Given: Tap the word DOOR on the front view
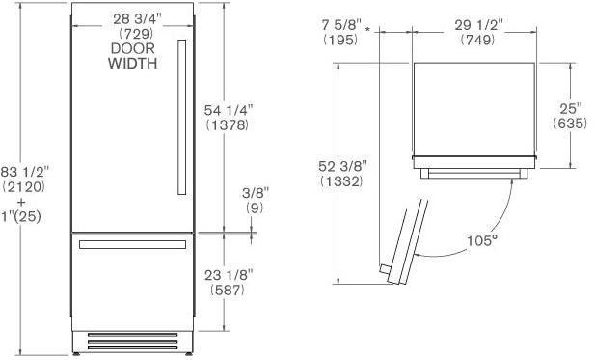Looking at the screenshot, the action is [133, 48].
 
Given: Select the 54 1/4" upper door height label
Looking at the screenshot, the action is [229, 110].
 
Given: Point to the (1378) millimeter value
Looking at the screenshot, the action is [228, 125].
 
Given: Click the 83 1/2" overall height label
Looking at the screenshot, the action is [25, 172].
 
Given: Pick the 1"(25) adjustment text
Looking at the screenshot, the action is [21, 217].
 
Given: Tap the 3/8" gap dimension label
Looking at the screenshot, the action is [256, 193].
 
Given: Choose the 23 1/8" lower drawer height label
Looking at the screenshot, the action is [229, 275].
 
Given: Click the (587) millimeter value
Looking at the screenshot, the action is [228, 291].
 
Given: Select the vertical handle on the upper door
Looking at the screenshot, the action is [181, 117].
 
